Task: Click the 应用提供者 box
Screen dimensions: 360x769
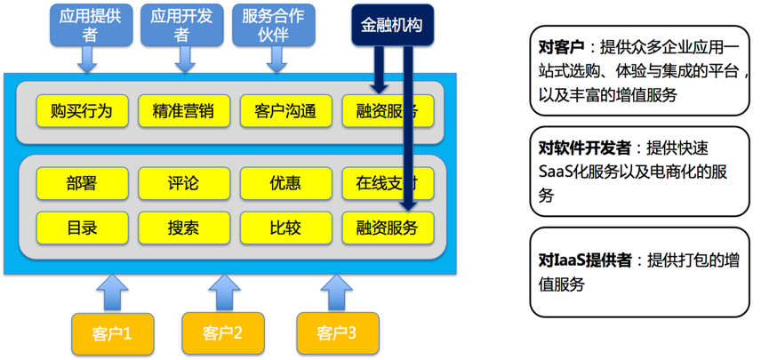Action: (x=88, y=27)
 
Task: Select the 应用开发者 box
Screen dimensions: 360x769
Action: (x=184, y=27)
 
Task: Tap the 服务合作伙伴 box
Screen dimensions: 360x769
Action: (x=273, y=27)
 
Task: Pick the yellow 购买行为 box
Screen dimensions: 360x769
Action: (x=81, y=112)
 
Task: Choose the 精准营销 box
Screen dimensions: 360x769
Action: (x=183, y=112)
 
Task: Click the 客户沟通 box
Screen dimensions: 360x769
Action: (x=285, y=112)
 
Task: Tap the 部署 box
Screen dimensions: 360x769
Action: (x=81, y=184)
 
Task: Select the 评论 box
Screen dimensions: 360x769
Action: (x=183, y=184)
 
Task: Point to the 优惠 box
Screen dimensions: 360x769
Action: (x=285, y=184)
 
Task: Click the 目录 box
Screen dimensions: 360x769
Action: (x=81, y=227)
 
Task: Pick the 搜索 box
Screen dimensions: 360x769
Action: (x=183, y=227)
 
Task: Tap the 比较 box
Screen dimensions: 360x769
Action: (x=285, y=227)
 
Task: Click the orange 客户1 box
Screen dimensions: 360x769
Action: (x=112, y=333)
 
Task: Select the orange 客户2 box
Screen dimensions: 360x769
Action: (x=223, y=333)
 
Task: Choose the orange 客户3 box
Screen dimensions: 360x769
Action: (x=336, y=333)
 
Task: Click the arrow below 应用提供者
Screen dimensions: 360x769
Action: (x=88, y=60)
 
